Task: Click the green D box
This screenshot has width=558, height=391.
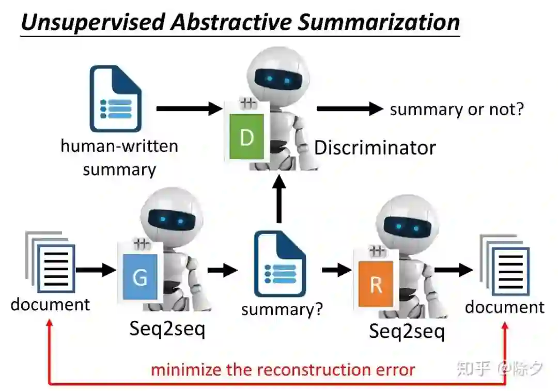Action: tap(246, 136)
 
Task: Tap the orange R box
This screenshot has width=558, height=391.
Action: tap(376, 284)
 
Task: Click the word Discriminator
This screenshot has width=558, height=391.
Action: tap(375, 148)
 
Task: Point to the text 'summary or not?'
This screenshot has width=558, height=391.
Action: tap(457, 109)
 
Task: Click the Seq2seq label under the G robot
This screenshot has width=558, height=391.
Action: tap(167, 329)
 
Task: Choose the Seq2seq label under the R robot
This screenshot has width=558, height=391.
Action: tap(407, 331)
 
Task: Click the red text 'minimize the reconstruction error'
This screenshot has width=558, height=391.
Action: tap(283, 370)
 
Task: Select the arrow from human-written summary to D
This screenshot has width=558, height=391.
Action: tap(189, 108)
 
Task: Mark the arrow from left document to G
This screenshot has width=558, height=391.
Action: tap(96, 269)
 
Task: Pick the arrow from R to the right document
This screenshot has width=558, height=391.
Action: tap(454, 270)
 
